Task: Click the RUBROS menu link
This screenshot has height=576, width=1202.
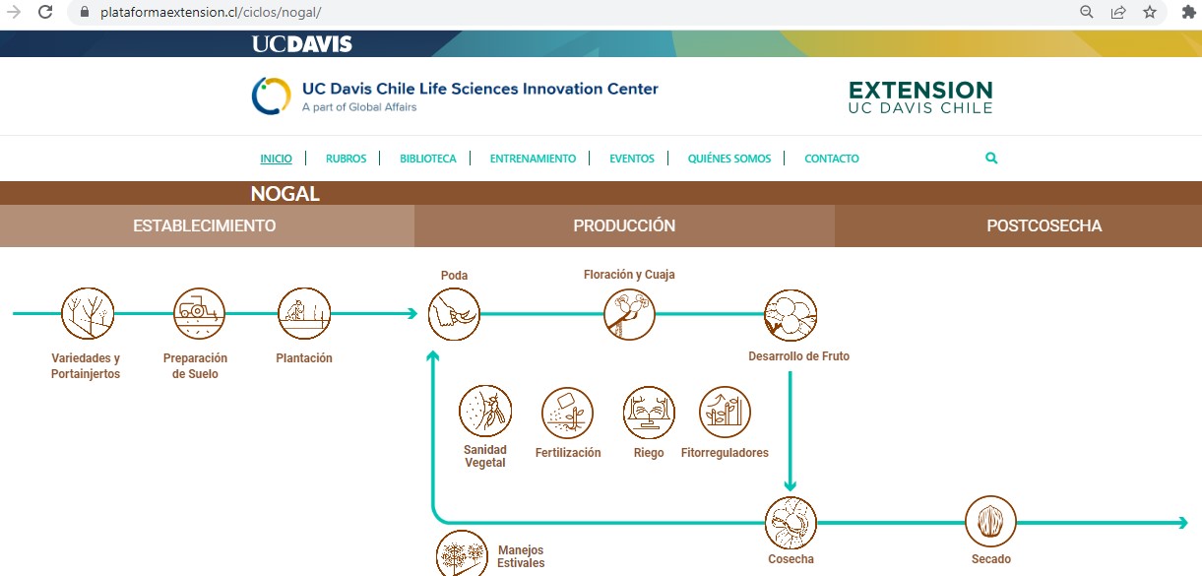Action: point(346,159)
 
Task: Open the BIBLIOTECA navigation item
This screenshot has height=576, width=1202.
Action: point(427,159)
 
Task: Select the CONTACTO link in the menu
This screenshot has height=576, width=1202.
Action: point(831,159)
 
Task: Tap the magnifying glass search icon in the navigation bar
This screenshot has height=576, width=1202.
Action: point(991,158)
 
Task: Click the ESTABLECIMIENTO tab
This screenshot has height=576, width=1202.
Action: point(205,225)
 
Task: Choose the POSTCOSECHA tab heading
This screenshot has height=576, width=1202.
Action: point(1044,225)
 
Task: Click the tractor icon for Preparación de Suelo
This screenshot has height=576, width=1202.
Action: point(199,313)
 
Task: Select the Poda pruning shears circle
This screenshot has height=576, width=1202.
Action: point(454,314)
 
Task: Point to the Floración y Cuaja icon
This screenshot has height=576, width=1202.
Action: point(629,314)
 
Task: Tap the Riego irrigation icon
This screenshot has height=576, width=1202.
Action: point(649,413)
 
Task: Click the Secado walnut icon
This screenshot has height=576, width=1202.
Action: point(990,521)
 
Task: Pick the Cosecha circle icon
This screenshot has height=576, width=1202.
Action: point(791,523)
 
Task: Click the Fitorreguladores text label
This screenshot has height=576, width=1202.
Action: point(725,453)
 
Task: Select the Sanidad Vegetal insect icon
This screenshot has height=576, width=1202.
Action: point(485,412)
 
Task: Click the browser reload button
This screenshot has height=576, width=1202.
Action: point(45,12)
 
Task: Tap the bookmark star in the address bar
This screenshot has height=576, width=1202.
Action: point(1150,12)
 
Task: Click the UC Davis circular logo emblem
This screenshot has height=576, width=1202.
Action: point(271,96)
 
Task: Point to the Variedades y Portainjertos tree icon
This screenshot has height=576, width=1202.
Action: point(88,313)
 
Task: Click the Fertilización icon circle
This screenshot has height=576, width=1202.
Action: point(567,413)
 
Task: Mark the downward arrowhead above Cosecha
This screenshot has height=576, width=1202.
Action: point(790,486)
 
